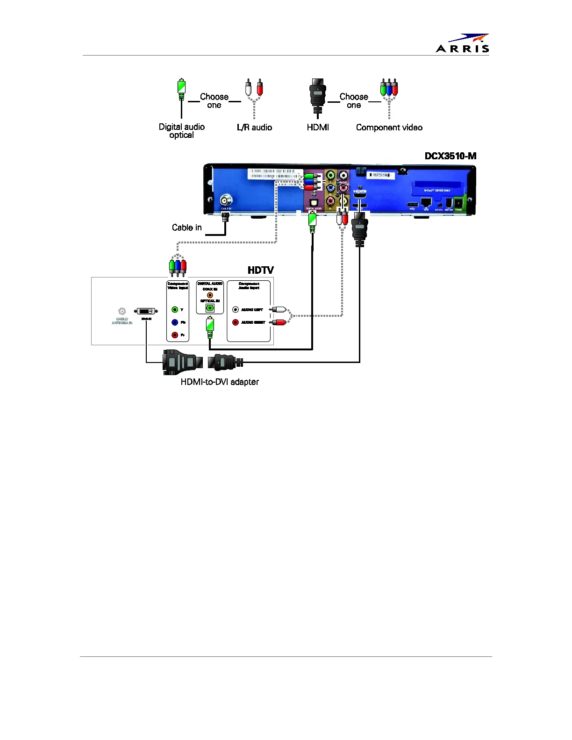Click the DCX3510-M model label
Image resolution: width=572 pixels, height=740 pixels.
[x=450, y=156]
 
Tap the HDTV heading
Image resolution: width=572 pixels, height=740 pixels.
[x=260, y=270]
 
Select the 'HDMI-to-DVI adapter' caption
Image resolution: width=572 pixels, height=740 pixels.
[x=220, y=382]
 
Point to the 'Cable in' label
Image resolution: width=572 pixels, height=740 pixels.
[x=187, y=228]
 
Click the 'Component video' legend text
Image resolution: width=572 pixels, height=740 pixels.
[x=389, y=128]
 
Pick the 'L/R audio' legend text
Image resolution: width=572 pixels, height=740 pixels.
[x=254, y=128]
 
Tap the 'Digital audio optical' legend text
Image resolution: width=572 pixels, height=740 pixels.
[x=182, y=131]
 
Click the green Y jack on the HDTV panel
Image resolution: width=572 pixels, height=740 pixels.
[x=175, y=310]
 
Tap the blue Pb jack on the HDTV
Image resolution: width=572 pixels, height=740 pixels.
[x=175, y=322]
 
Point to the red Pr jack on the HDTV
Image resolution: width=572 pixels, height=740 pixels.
[x=175, y=335]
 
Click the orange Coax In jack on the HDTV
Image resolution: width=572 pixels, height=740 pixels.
[x=210, y=295]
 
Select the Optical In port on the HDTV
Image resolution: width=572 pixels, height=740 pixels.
[x=210, y=308]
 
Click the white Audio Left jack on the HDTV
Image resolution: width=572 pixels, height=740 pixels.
[x=236, y=310]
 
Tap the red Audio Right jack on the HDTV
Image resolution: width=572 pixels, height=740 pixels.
[x=236, y=322]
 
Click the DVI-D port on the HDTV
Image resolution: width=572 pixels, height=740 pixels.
[x=146, y=311]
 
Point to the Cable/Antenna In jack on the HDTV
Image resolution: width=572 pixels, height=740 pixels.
[x=122, y=311]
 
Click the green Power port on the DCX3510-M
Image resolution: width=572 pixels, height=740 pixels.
[x=459, y=203]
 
